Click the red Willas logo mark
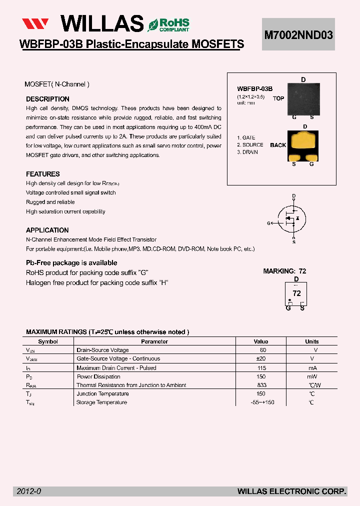(34, 23)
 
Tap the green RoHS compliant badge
(168, 24)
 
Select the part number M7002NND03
(298, 34)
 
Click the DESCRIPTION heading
(47, 99)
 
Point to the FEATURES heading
(43, 174)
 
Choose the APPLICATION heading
(47, 230)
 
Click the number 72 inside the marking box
(296, 293)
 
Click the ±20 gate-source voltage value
(260, 359)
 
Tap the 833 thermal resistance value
(261, 385)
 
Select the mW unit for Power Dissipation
(312, 376)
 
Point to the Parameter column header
(154, 341)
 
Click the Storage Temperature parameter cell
(101, 402)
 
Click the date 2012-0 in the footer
(29, 492)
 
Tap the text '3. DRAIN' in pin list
(247, 152)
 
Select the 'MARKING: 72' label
(284, 271)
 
